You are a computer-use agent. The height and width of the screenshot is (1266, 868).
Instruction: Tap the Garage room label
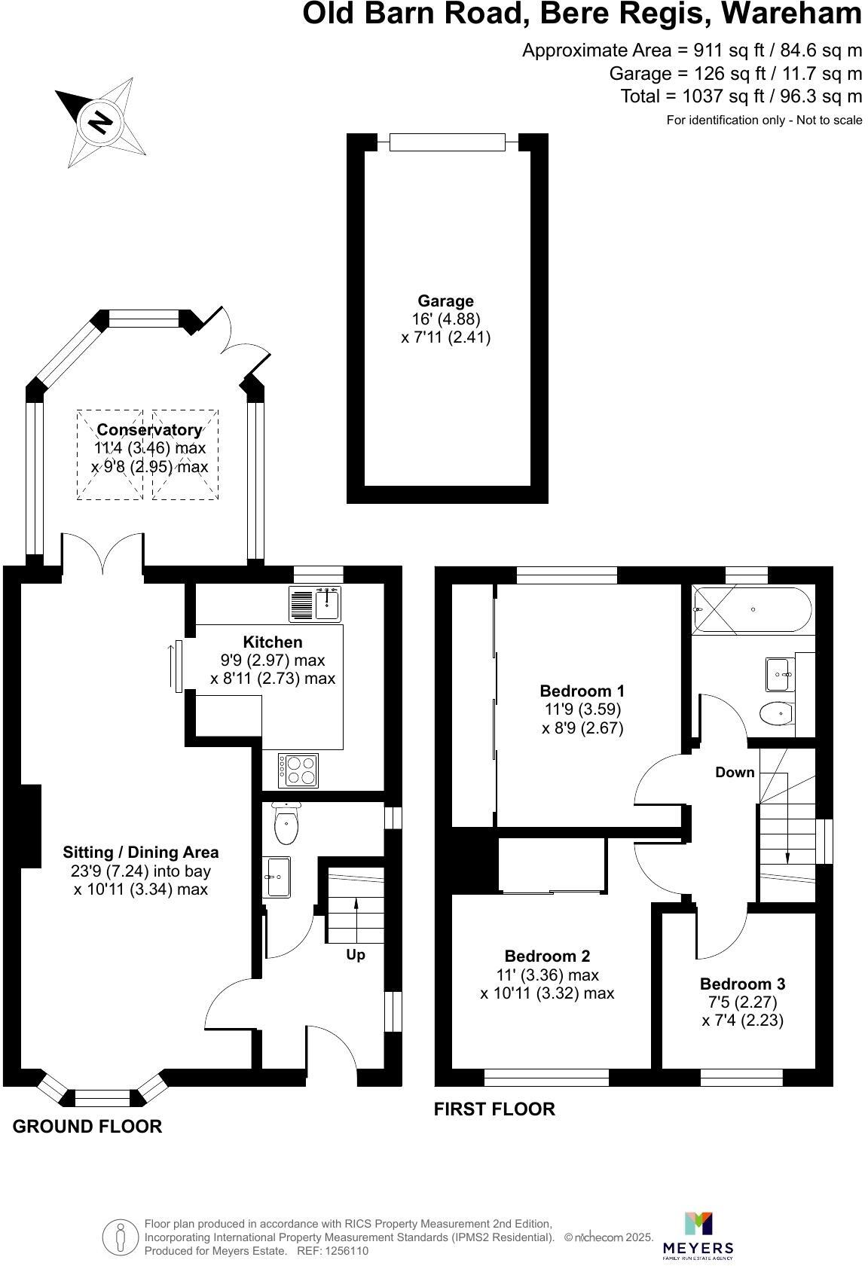coord(446,301)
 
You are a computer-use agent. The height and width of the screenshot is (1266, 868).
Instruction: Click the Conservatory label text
coord(149,430)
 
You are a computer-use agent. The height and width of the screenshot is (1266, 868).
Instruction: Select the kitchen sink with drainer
coord(314,603)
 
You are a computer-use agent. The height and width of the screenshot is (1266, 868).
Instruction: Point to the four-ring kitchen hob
coord(298,770)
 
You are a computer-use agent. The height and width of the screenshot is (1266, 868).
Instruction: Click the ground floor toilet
coord(286,823)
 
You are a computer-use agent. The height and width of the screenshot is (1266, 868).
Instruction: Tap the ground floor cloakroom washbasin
coord(277,877)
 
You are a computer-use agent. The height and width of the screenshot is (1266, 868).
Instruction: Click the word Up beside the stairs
coord(355,955)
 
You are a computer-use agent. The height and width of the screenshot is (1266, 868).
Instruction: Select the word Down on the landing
coord(735,772)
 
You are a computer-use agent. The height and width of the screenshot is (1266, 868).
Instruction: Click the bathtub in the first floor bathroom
coord(751,609)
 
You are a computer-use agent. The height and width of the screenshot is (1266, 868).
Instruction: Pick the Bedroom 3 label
coord(742,984)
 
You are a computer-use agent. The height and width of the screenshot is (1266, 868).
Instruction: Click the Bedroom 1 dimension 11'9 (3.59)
coord(582,709)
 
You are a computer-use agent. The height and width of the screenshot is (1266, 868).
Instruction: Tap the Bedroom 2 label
coord(547,956)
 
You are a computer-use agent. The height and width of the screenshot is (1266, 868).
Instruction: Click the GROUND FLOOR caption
coord(87,1127)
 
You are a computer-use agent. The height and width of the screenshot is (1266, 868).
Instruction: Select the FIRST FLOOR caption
coord(494,1109)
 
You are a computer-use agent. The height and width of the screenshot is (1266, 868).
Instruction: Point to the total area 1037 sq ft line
coord(741,96)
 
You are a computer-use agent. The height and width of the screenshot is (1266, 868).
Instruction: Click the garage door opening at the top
coord(447,142)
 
